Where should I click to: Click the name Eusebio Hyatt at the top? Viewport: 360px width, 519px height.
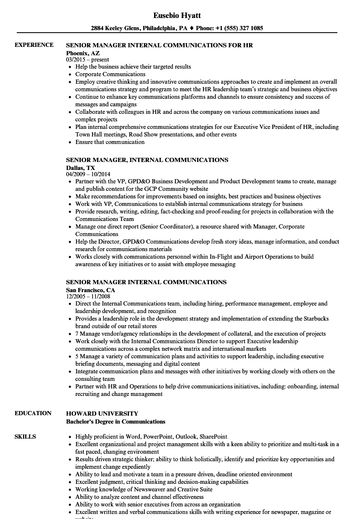coord(177,15)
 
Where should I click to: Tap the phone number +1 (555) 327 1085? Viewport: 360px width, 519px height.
coord(239,28)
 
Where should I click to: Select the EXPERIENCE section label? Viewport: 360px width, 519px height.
coord(34,45)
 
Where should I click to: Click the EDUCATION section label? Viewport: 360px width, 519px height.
coord(33,413)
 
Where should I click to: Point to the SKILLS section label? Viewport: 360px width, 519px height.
coord(25,437)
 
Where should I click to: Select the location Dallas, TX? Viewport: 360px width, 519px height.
coord(80,167)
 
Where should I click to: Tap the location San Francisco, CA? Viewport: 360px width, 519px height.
coord(90,290)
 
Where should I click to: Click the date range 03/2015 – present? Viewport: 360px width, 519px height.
coord(87,59)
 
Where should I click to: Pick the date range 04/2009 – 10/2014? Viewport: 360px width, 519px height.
coord(88,174)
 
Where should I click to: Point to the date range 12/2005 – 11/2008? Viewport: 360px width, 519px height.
coord(88,296)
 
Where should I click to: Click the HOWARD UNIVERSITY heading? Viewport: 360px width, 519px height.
coord(102,414)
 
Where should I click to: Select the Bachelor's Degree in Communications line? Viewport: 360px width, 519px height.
coord(116,421)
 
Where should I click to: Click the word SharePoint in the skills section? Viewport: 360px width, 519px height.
coord(213,437)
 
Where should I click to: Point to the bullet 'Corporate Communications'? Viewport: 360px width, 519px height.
coord(110,74)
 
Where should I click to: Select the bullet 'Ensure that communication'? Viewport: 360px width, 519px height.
coord(110,142)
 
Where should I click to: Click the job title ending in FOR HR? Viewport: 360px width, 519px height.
coord(159,45)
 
